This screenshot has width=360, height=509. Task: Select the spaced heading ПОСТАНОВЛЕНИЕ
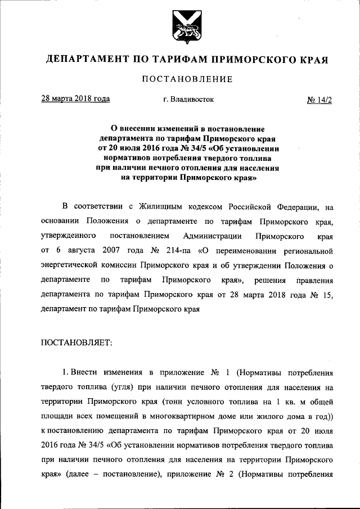coord(180,79)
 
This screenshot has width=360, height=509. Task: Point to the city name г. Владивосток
coord(188,100)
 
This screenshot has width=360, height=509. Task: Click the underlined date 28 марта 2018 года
coord(75,99)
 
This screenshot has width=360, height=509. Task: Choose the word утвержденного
coord(67,233)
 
